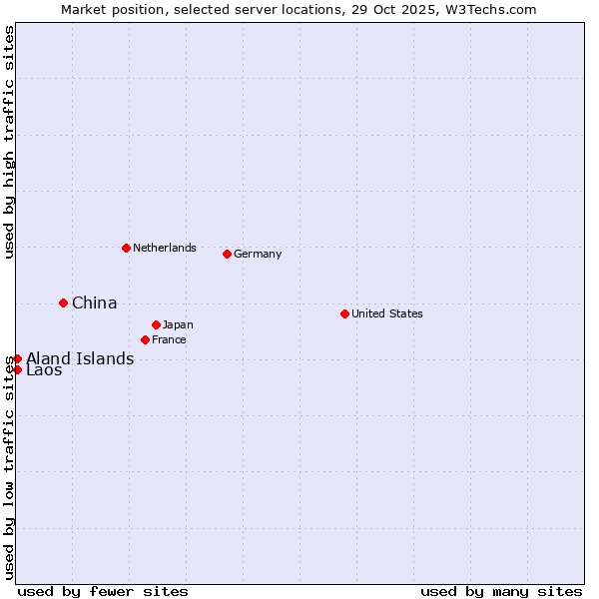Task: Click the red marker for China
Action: (63, 302)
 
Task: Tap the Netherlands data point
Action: (126, 248)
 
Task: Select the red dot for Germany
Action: (227, 254)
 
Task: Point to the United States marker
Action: (344, 313)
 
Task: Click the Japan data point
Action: (156, 324)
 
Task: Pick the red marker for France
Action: (145, 339)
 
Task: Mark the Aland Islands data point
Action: (17, 358)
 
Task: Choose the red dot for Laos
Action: (17, 369)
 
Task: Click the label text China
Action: (94, 302)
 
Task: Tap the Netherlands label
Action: (164, 248)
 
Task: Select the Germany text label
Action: (258, 254)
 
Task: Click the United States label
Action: (386, 313)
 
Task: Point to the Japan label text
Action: (178, 324)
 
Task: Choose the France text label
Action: (169, 339)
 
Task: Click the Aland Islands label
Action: (80, 358)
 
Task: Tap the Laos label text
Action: (44, 370)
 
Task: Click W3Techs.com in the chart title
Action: (486, 10)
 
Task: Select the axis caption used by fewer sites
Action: (103, 591)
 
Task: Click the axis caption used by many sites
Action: (501, 591)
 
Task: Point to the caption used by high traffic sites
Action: (9, 142)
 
